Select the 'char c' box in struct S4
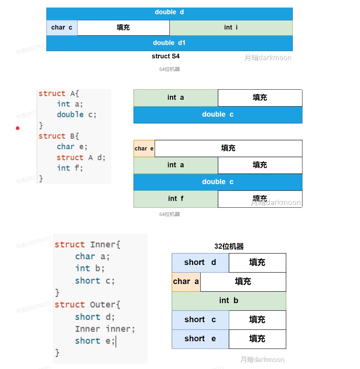coord(62,28)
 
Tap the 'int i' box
coord(231,28)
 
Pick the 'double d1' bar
coord(169,43)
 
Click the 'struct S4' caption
coord(165,56)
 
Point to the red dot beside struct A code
coord(18,128)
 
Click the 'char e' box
coord(144,149)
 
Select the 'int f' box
coord(176,199)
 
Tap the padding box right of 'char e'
coord(228,148)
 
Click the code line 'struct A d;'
coord(81,157)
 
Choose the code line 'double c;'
coord(77,114)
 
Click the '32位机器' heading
coord(229,247)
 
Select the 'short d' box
coord(200,262)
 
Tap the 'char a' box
coord(186,282)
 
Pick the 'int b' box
coord(229,301)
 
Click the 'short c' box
coord(200,320)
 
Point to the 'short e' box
coord(200,339)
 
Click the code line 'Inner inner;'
coord(105,329)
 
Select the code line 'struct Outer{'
coord(87,305)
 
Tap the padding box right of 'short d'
coord(257,262)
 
